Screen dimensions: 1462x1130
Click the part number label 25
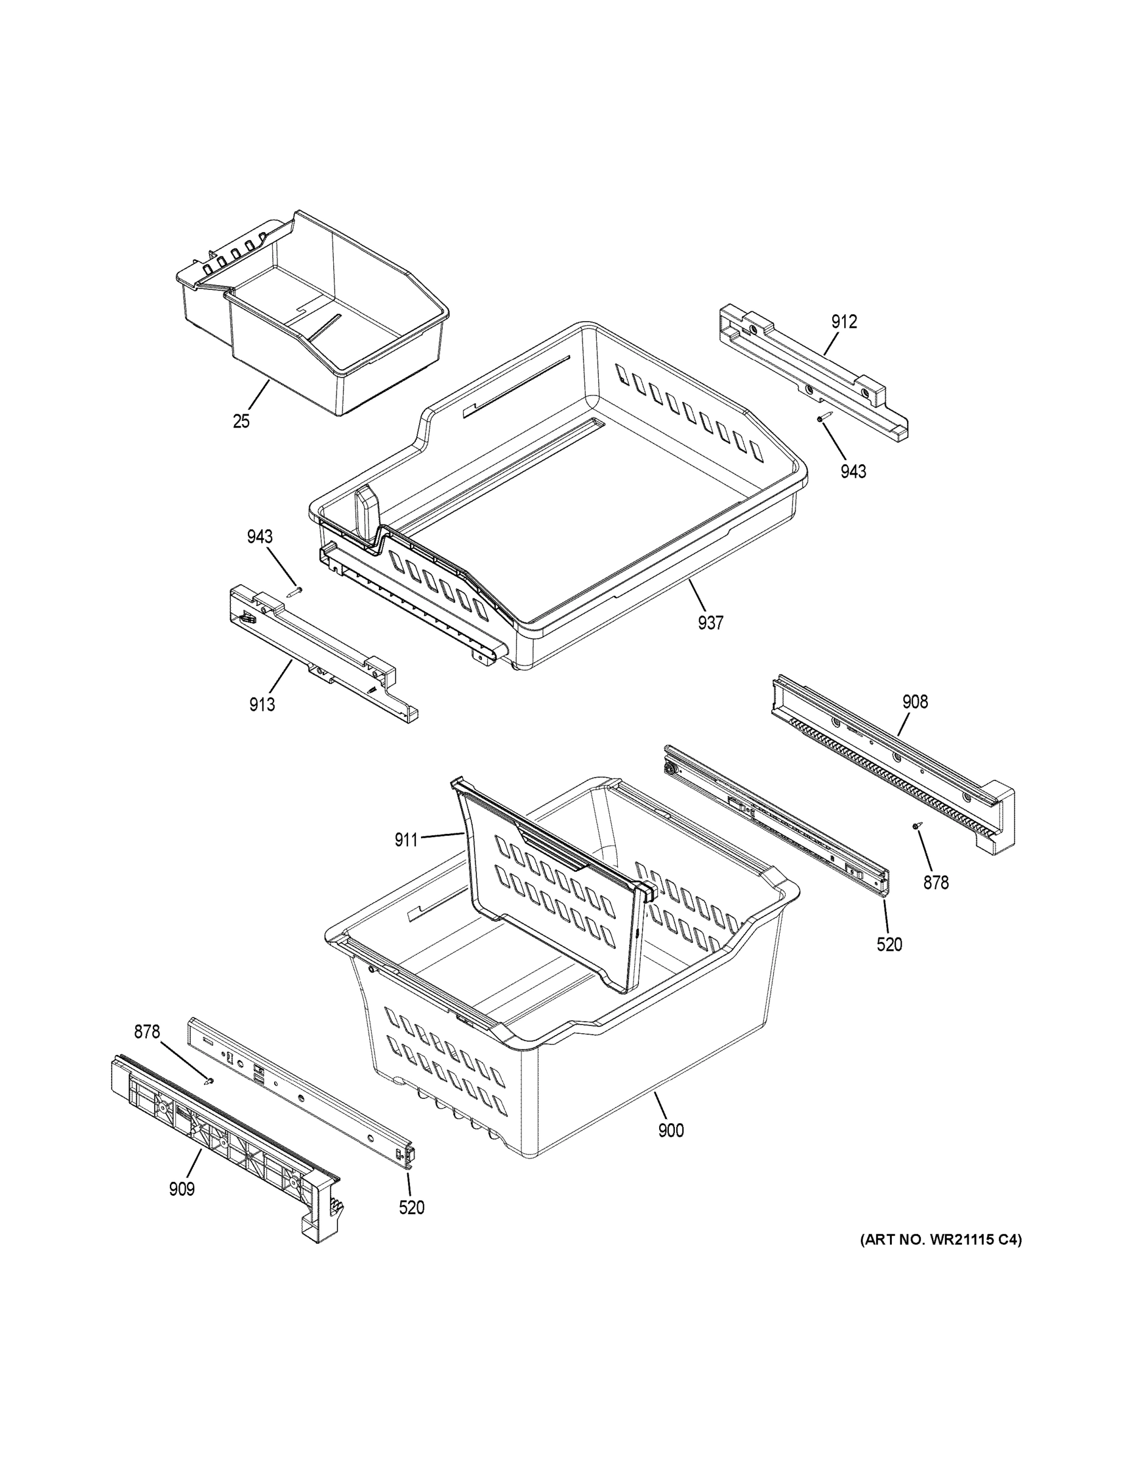coord(241,421)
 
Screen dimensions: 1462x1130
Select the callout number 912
coord(844,322)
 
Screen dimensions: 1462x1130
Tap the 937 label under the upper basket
coord(710,623)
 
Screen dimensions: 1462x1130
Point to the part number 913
coord(262,704)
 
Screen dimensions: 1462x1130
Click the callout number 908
coord(915,702)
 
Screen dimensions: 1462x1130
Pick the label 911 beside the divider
coord(406,839)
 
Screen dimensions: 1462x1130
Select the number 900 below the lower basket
coord(671,1131)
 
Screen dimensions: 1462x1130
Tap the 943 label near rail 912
coord(853,471)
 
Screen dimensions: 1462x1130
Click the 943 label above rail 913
coord(260,536)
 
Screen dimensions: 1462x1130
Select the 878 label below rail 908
coord(936,883)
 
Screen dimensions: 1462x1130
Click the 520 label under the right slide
coord(889,945)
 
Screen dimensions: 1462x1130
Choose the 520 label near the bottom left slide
coord(412,1207)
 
